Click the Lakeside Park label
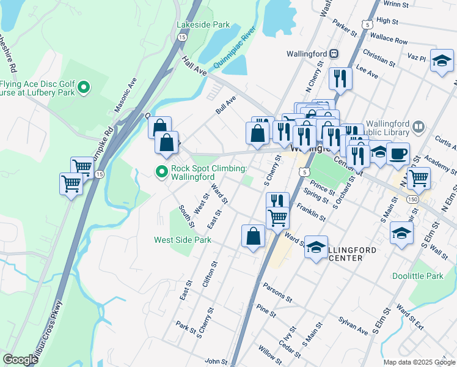click(x=203, y=24)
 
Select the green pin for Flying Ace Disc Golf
click(x=84, y=89)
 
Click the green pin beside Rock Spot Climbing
click(x=162, y=172)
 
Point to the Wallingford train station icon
click(x=334, y=54)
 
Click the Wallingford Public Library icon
click(x=419, y=127)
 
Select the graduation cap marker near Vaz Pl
click(x=441, y=61)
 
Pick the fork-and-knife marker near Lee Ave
click(x=340, y=78)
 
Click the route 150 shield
click(x=414, y=199)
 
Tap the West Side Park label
click(x=183, y=240)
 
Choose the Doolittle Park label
click(x=434, y=276)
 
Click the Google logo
click(x=20, y=360)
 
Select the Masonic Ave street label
click(x=126, y=95)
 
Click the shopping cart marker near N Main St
click(x=419, y=178)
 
